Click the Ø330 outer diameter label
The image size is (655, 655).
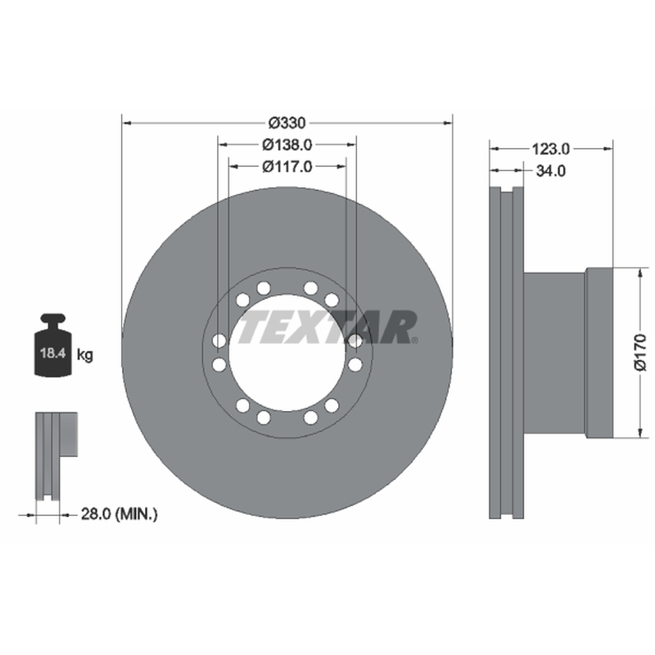click(287, 123)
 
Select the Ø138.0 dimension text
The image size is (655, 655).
click(287, 145)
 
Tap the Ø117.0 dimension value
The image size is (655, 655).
click(287, 167)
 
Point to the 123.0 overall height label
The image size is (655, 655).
click(550, 148)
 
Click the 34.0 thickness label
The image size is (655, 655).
click(550, 170)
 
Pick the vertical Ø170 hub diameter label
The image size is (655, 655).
click(640, 352)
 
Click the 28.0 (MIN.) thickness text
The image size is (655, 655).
click(119, 514)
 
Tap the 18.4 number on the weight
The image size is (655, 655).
click(53, 353)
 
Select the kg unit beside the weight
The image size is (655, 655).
click(85, 355)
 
